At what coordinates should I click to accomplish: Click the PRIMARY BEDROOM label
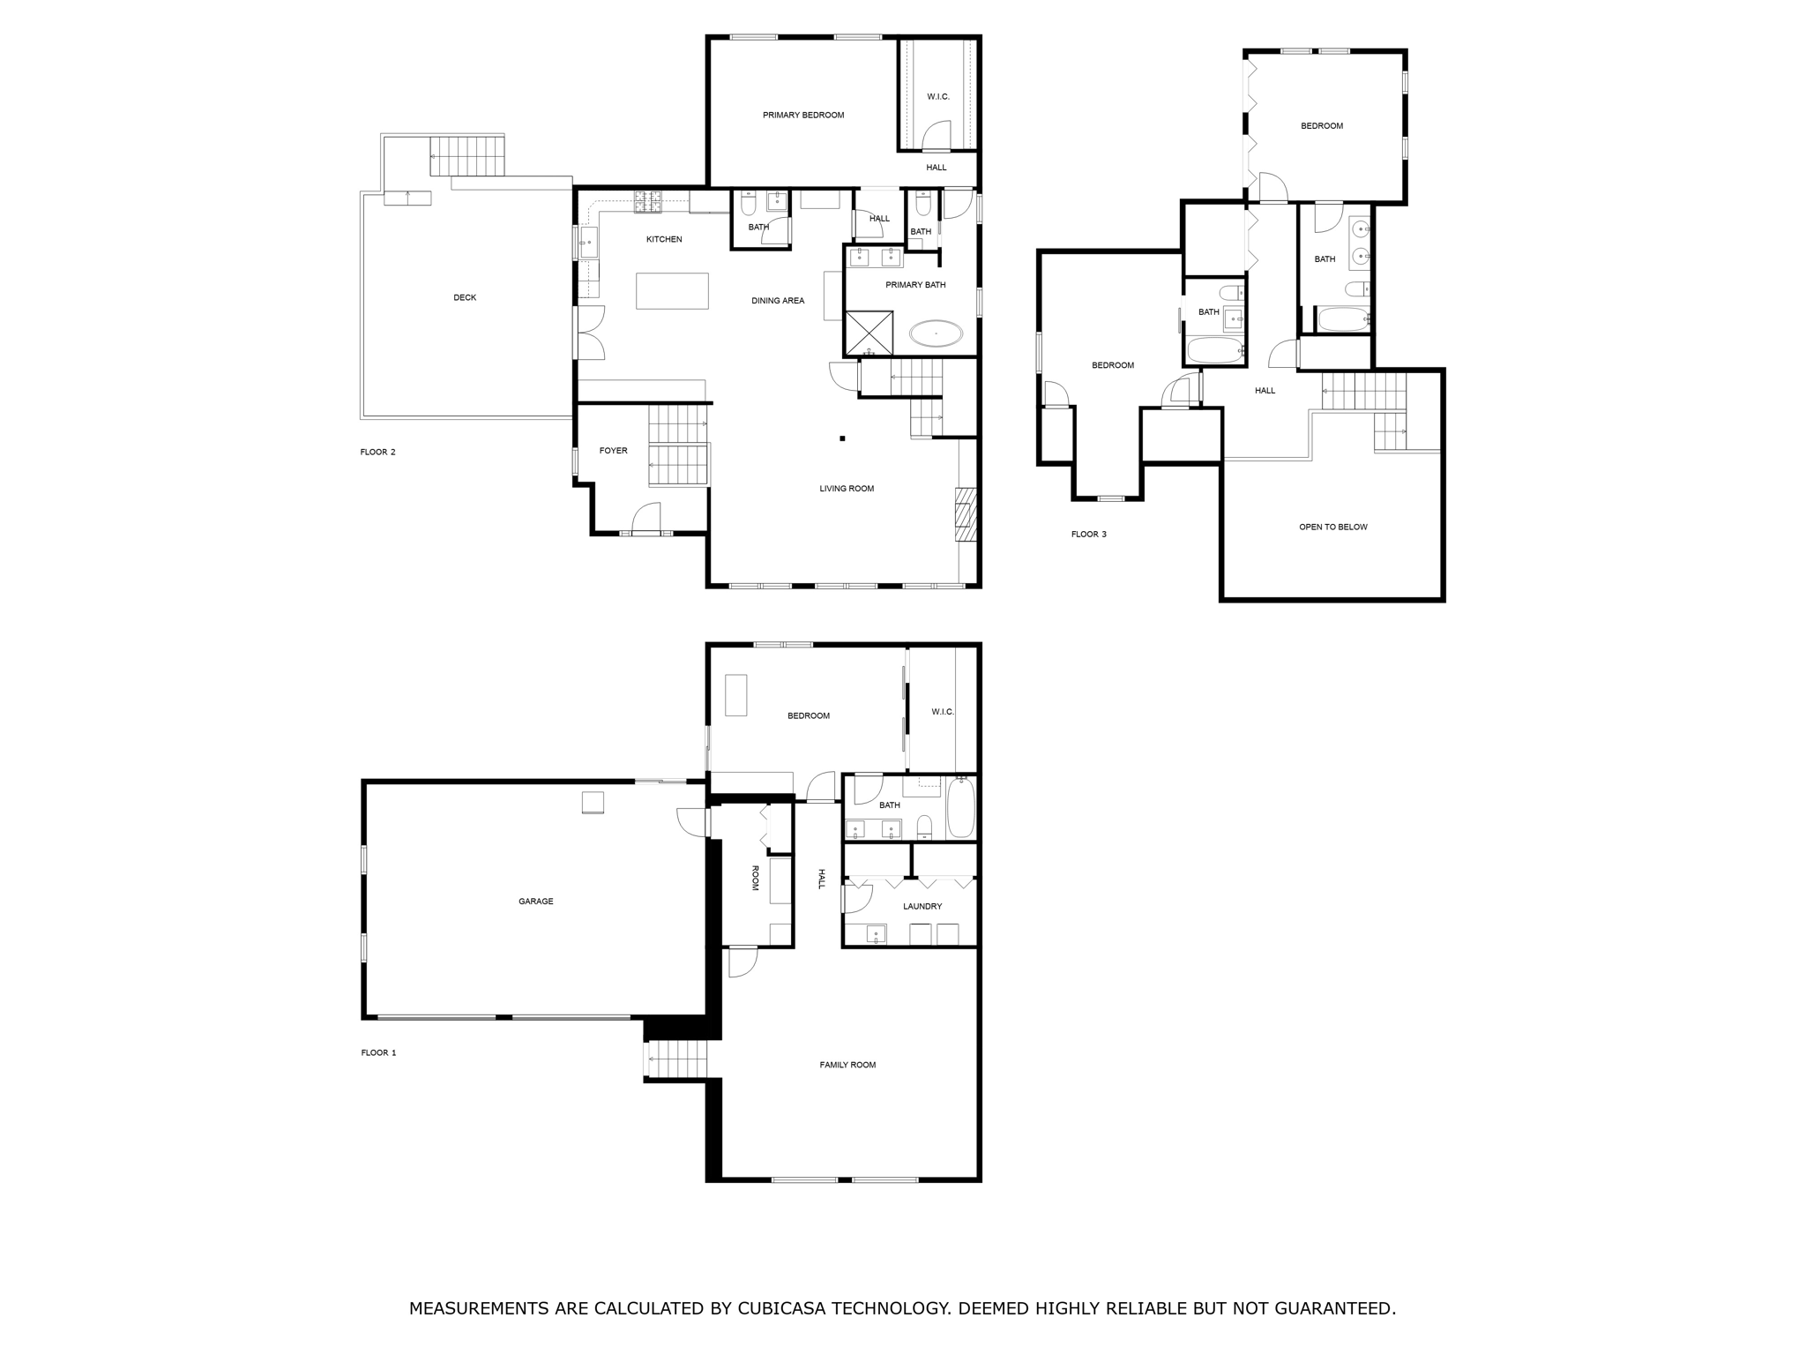802,115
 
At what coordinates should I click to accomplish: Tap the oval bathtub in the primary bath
936,333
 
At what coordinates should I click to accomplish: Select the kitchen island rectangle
672,291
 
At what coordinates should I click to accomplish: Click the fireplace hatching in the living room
966,514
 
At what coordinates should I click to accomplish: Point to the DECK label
465,297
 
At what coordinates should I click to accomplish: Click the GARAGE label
535,902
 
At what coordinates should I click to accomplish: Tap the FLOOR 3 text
1088,534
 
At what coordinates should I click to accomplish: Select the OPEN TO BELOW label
1332,527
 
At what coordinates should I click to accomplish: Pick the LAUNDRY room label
922,906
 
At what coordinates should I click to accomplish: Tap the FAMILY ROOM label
847,1065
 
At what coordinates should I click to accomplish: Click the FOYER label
613,451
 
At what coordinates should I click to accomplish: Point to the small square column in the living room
842,438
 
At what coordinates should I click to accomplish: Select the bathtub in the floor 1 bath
960,808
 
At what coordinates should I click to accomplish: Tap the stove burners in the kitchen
648,202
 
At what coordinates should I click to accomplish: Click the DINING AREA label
777,301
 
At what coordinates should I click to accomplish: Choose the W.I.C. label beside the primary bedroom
938,96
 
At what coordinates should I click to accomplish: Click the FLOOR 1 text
378,1052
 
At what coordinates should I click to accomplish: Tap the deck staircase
467,157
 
